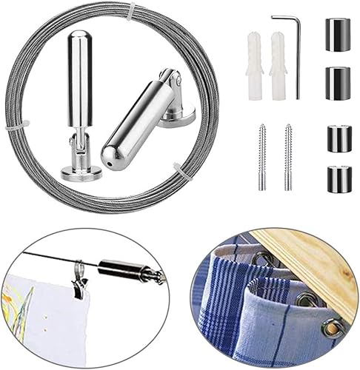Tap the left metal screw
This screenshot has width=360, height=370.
[262, 156]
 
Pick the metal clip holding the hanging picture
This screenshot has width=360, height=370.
[78, 281]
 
